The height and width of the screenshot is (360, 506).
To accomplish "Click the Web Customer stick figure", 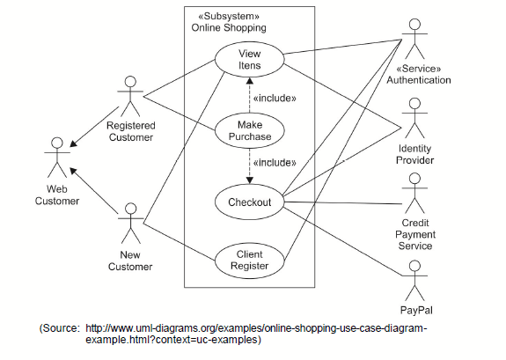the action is (x=57, y=158).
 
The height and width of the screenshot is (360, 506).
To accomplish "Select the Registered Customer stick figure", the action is (x=130, y=96).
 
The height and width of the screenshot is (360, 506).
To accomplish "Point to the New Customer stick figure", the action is (x=131, y=223).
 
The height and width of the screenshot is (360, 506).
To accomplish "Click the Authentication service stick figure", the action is (x=414, y=39).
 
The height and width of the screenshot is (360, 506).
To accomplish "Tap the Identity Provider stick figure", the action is (x=414, y=118).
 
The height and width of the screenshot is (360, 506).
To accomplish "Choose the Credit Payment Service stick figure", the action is (x=414, y=193).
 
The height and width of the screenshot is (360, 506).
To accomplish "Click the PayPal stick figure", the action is (x=414, y=281).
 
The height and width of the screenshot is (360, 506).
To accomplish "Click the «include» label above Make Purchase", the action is (x=275, y=98).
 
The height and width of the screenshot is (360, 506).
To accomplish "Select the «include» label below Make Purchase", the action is (x=275, y=163).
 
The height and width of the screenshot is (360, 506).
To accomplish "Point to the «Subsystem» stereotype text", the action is (x=229, y=16).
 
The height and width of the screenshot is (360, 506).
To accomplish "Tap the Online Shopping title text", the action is (x=229, y=28).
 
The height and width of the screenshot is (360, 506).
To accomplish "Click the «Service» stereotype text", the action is (x=419, y=69).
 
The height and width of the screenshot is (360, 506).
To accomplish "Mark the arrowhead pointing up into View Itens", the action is (x=249, y=80).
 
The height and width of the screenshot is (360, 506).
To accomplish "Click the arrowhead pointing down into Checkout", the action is (x=249, y=180).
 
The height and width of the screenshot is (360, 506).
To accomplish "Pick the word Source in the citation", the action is (x=61, y=328).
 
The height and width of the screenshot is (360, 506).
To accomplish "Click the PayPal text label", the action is (x=416, y=311).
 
